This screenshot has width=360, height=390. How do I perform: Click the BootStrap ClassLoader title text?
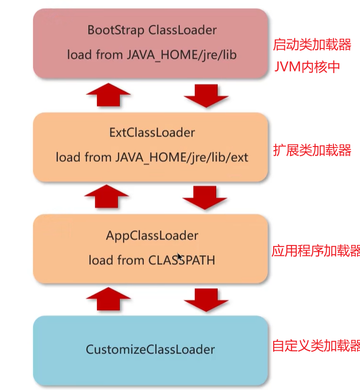[152, 30]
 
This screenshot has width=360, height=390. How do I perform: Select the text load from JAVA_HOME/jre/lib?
[152, 54]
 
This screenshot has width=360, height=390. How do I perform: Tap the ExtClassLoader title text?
[152, 133]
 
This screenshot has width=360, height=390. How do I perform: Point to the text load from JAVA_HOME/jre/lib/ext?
[152, 157]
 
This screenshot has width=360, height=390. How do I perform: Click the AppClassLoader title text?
[152, 236]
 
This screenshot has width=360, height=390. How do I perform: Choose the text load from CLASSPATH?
[152, 260]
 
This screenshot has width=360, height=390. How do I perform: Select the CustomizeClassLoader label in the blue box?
[150, 350]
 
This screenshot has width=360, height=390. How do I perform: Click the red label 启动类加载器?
[313, 45]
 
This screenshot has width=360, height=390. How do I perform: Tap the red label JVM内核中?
[307, 67]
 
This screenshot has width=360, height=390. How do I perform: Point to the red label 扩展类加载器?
[313, 151]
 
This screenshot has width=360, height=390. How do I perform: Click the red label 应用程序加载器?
[316, 251]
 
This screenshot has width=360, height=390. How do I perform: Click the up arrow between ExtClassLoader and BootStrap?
[108, 94]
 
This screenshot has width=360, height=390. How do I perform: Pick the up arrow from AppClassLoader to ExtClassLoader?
[108, 196]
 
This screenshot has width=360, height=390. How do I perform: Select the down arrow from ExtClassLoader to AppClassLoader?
[205, 197]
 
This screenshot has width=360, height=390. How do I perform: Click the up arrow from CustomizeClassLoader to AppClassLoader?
[108, 298]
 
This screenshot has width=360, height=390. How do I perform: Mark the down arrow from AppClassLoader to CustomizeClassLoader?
[205, 299]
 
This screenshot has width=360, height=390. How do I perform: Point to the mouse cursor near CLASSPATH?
[180, 256]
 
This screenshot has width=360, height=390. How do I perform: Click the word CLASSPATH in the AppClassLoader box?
[182, 260]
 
